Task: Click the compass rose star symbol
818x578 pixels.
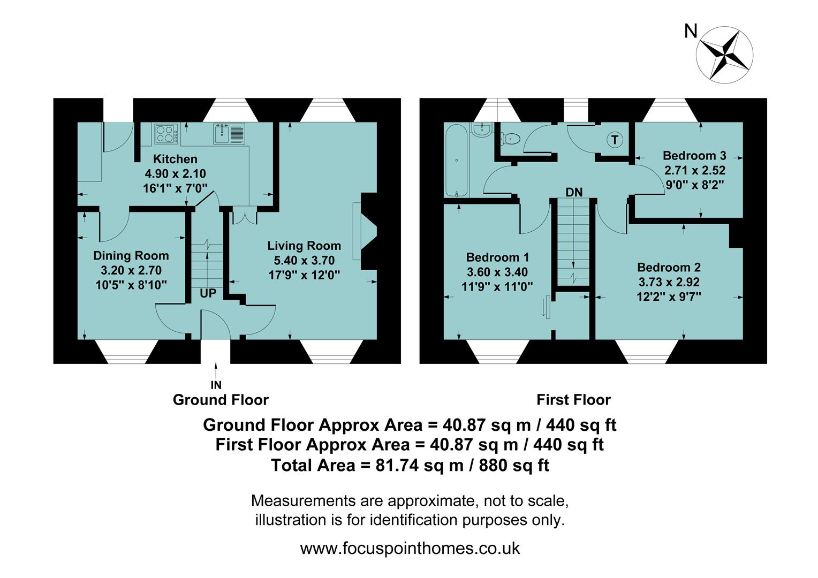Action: click(725, 55)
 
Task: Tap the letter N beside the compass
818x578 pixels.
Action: click(691, 32)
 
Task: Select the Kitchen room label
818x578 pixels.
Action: click(175, 159)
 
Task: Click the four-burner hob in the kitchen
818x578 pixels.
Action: click(166, 134)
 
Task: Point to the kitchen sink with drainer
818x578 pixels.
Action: click(230, 134)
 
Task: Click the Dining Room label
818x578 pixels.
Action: click(131, 256)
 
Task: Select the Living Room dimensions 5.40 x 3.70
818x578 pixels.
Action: click(304, 261)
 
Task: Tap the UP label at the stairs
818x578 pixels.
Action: click(208, 293)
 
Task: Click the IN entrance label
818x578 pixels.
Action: click(216, 385)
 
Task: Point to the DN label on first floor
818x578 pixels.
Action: click(574, 192)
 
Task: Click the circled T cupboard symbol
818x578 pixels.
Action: click(615, 140)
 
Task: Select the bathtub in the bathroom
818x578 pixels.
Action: click(457, 161)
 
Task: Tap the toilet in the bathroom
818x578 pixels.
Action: click(511, 139)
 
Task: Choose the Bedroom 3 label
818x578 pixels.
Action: click(694, 156)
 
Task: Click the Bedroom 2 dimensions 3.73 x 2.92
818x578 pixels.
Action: click(669, 282)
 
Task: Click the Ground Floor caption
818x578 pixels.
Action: click(221, 400)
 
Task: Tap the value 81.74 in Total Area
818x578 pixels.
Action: click(397, 466)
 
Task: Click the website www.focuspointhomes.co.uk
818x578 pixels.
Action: click(410, 549)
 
